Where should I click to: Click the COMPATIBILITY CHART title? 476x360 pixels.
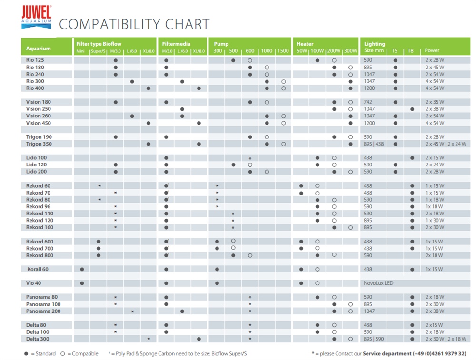pos(134,24)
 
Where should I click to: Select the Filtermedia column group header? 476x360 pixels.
pos(176,44)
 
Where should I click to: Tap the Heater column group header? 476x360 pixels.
pos(305,44)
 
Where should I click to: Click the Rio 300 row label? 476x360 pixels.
pos(36,81)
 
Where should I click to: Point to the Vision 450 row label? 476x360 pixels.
pos(39,123)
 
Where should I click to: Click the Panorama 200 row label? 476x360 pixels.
pos(43,311)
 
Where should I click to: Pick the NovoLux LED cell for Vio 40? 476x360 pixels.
pos(378,283)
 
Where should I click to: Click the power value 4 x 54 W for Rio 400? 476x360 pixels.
pos(435,88)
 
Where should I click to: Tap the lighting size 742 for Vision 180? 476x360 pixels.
pos(368,102)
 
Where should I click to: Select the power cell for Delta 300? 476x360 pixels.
pos(446,339)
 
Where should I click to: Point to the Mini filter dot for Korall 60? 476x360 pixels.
pos(82,269)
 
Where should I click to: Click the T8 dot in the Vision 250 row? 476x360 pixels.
pos(412,109)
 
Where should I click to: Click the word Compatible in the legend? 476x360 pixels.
pos(85,353)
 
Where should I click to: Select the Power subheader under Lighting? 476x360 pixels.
pos(432,50)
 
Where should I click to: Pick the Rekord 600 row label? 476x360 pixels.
pos(40,242)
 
